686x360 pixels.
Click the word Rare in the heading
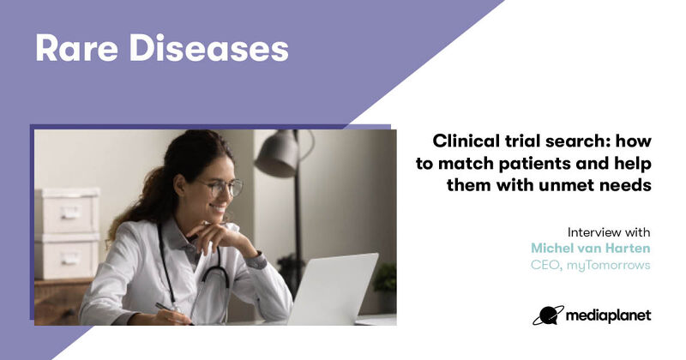(x=76, y=48)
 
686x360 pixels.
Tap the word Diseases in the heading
(x=209, y=48)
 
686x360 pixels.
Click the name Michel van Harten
(x=591, y=248)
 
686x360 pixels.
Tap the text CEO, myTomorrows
(x=591, y=265)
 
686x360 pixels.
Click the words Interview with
(x=609, y=231)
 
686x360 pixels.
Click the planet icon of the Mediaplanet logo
(x=548, y=315)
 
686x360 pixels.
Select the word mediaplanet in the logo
(x=608, y=315)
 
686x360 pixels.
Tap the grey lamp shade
(x=276, y=153)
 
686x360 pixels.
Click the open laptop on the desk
(x=333, y=289)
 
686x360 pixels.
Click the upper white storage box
(x=67, y=211)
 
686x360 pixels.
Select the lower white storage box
(x=67, y=256)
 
